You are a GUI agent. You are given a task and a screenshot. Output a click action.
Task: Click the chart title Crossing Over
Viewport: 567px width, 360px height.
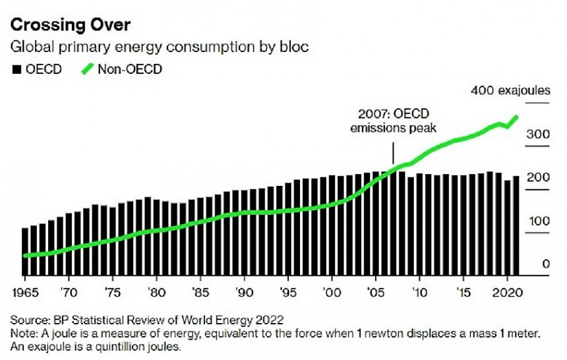click(x=69, y=26)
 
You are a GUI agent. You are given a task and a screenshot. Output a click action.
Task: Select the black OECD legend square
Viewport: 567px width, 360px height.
click(x=16, y=69)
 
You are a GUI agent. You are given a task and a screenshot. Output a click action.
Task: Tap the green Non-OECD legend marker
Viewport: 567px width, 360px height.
click(x=88, y=69)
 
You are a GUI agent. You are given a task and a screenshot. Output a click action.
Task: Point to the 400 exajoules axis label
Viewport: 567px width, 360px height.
click(x=510, y=90)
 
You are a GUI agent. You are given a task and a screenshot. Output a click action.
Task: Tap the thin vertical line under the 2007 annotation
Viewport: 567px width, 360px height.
click(x=393, y=154)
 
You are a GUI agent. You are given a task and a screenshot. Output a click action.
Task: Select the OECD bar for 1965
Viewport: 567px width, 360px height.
click(x=26, y=251)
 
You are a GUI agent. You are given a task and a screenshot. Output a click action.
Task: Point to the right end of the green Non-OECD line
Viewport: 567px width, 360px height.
click(x=516, y=117)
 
